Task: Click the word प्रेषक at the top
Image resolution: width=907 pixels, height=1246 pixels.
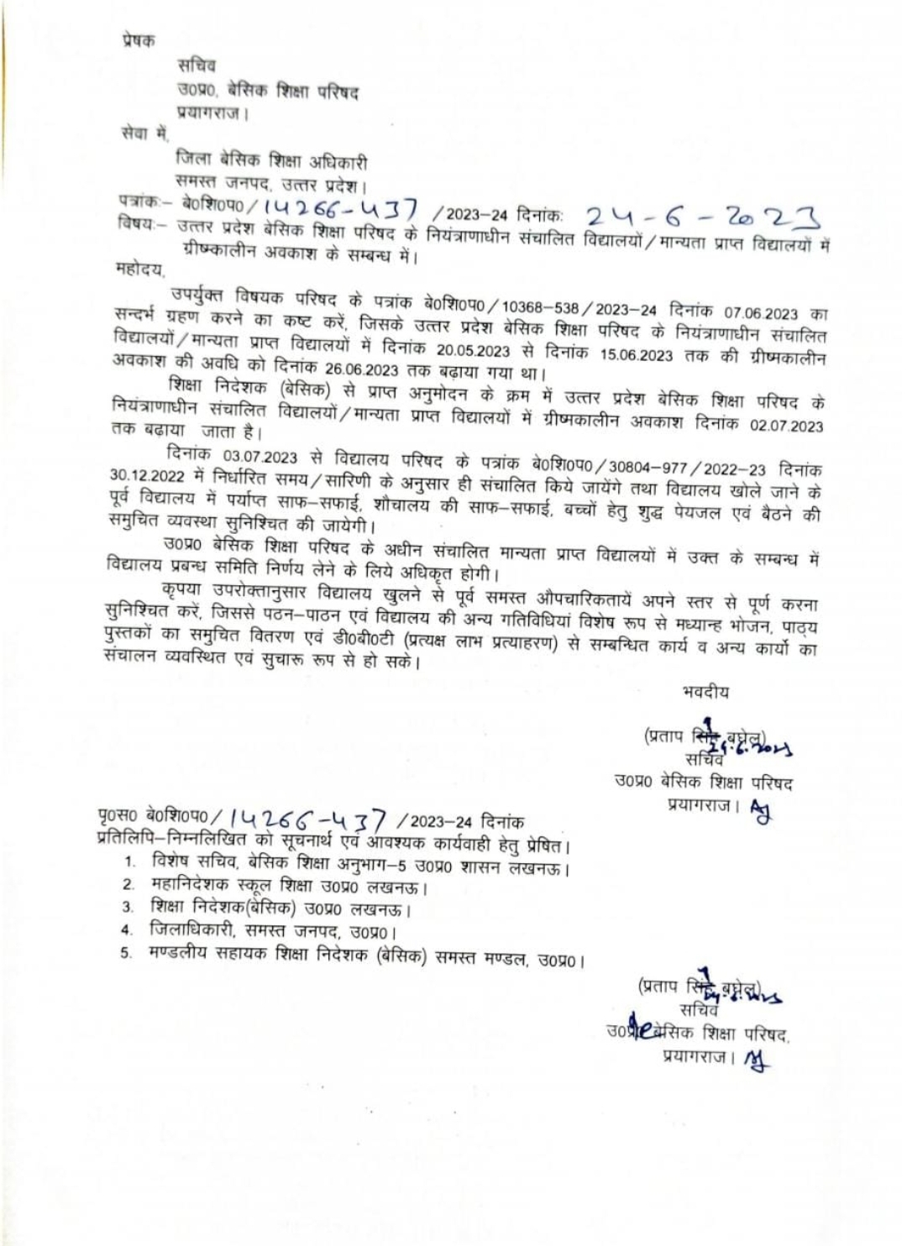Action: click(138, 39)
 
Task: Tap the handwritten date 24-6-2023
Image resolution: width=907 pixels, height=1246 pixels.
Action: click(702, 218)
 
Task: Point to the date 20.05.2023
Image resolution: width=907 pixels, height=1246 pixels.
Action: click(473, 350)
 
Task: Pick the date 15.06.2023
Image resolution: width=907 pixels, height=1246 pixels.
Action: click(637, 354)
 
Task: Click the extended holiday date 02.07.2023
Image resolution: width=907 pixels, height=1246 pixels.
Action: click(787, 426)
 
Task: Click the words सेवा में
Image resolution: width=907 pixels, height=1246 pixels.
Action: click(145, 133)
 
